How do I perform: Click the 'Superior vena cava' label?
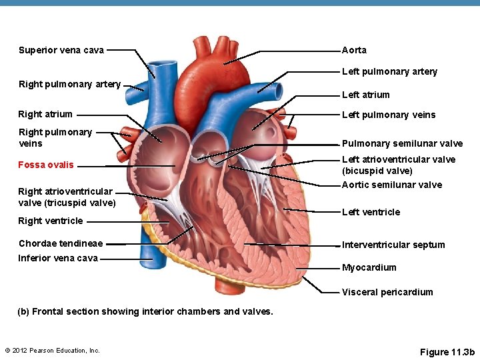point(61,50)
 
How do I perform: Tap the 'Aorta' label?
point(354,50)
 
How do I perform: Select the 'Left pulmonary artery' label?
point(389,71)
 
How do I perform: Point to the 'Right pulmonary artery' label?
point(69,84)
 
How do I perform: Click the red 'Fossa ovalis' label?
point(46,165)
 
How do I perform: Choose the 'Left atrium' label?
point(365,95)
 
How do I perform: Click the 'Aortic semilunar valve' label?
point(391,185)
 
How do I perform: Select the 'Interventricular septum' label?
point(393,245)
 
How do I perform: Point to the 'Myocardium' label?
point(369,267)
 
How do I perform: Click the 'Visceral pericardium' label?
point(387,292)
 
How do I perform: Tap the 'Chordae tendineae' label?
point(61,243)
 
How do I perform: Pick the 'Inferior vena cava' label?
point(58,258)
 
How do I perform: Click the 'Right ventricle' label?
point(51,221)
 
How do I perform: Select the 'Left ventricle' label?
point(371,212)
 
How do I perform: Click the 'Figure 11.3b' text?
point(447,351)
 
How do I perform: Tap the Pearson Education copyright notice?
point(52,350)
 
